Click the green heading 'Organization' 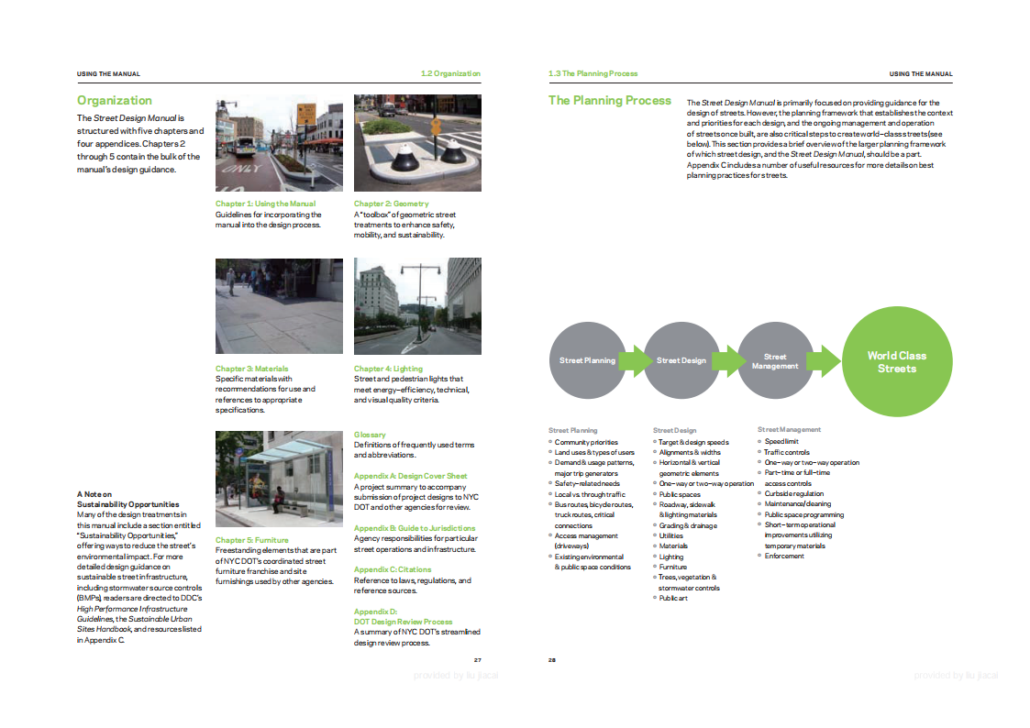tap(115, 101)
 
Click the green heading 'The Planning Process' tap(610, 101)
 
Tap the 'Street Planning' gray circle tap(587, 360)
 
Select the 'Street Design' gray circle tap(681, 360)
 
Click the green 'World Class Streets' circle tap(896, 361)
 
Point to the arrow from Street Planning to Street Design tap(634, 360)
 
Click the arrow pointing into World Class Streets tap(824, 360)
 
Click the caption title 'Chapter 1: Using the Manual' tap(265, 204)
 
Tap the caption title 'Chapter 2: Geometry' tap(391, 204)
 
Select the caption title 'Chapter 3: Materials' tap(245, 369)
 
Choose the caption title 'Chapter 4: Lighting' tap(388, 369)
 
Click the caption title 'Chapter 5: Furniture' tap(245, 540)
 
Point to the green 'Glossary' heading tap(370, 435)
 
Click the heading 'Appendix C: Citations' tap(393, 569)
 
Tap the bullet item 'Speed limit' tap(781, 441)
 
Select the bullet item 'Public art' tap(673, 598)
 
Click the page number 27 tap(477, 659)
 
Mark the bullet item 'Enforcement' tap(784, 556)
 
